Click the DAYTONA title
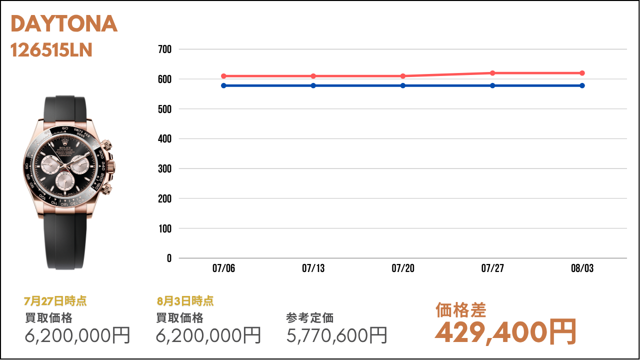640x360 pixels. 64,24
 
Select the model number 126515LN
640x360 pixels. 51,50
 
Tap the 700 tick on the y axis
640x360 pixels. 165,49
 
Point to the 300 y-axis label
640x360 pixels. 165,169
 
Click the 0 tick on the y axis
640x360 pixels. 169,258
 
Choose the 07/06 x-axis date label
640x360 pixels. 223,268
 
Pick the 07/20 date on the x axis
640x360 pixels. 403,268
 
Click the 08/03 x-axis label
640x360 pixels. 582,268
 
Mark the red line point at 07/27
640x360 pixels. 492,73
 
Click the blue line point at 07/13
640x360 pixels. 313,85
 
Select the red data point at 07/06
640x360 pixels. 223,76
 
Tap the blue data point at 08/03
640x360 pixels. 582,85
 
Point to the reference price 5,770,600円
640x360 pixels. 337,335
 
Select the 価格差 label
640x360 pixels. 460,310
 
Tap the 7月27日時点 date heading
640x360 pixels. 55,301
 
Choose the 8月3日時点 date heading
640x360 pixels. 185,301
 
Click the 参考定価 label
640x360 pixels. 310,318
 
